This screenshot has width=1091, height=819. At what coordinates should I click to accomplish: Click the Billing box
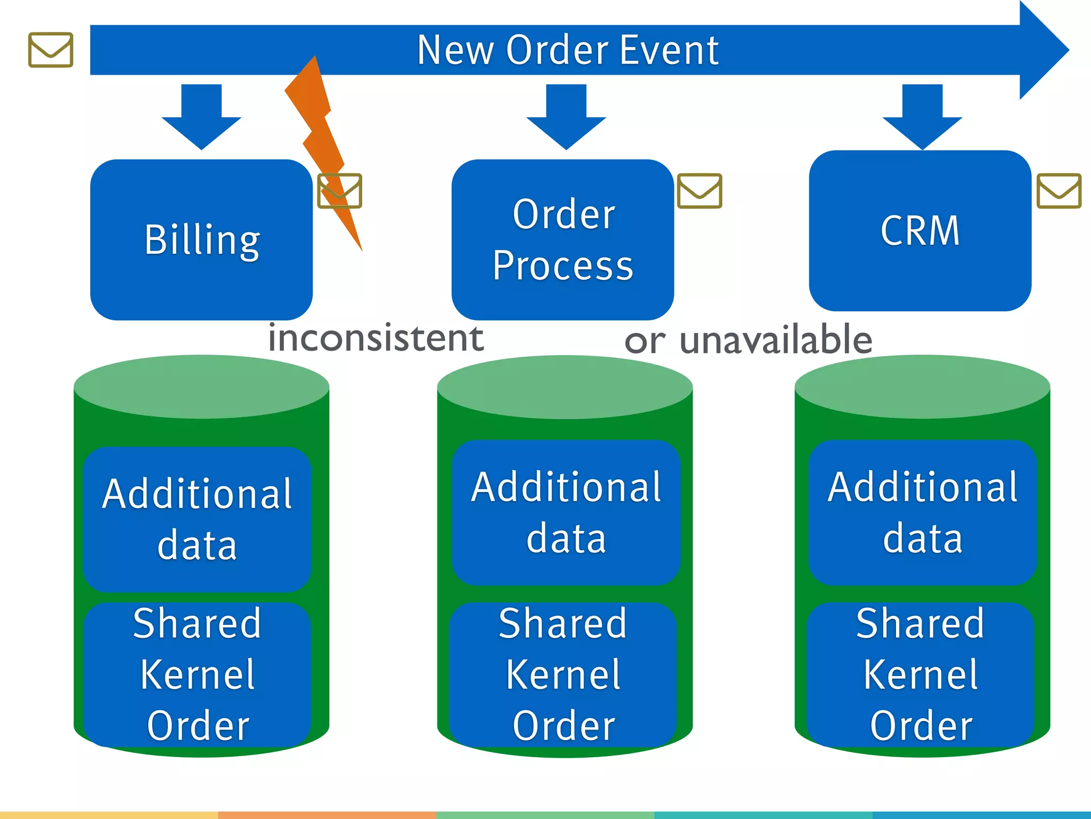click(x=201, y=240)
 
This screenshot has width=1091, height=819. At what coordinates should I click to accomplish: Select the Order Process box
click(x=563, y=240)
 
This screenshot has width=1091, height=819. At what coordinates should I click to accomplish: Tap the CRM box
click(x=920, y=231)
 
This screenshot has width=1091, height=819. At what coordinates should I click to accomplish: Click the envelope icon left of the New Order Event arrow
click(x=51, y=50)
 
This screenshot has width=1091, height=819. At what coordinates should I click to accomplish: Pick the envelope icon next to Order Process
click(x=699, y=191)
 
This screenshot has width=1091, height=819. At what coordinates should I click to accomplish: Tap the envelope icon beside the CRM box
click(x=1059, y=191)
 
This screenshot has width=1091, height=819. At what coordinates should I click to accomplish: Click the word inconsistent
click(x=376, y=339)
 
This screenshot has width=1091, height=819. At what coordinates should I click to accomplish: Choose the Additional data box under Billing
click(x=197, y=519)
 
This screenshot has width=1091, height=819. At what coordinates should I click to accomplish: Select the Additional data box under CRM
click(x=923, y=513)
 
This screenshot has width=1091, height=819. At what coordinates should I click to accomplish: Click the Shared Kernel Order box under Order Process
click(x=563, y=675)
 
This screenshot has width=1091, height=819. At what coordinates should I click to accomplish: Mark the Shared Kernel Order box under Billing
click(x=197, y=675)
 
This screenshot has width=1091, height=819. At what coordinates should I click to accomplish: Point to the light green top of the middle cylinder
click(x=565, y=387)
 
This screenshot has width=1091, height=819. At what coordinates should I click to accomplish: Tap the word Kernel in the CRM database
click(x=921, y=675)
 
